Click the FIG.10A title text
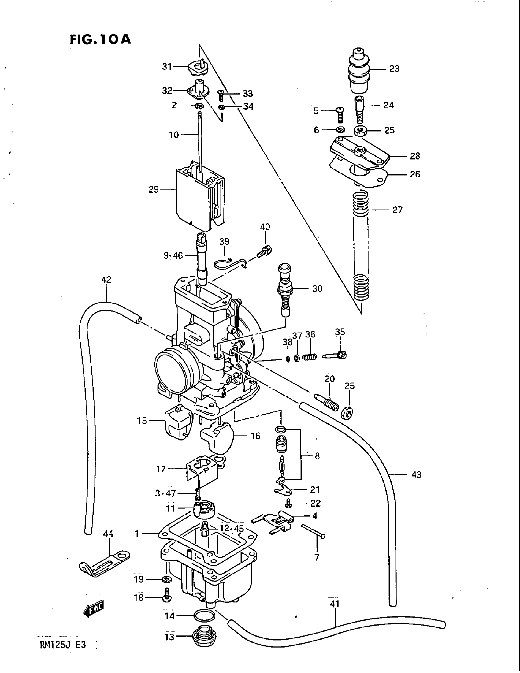(100, 39)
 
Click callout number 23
(394, 69)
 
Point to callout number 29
(154, 189)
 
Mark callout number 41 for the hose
(335, 603)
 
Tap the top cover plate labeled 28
(359, 152)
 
